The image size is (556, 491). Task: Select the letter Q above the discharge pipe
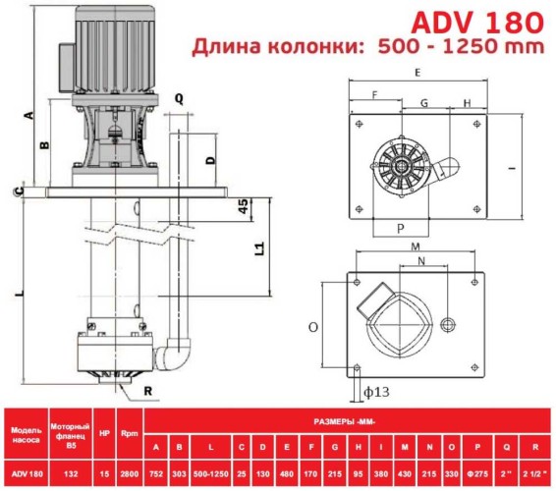pyautogui.click(x=179, y=98)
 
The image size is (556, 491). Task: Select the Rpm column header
pyautogui.click(x=128, y=431)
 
